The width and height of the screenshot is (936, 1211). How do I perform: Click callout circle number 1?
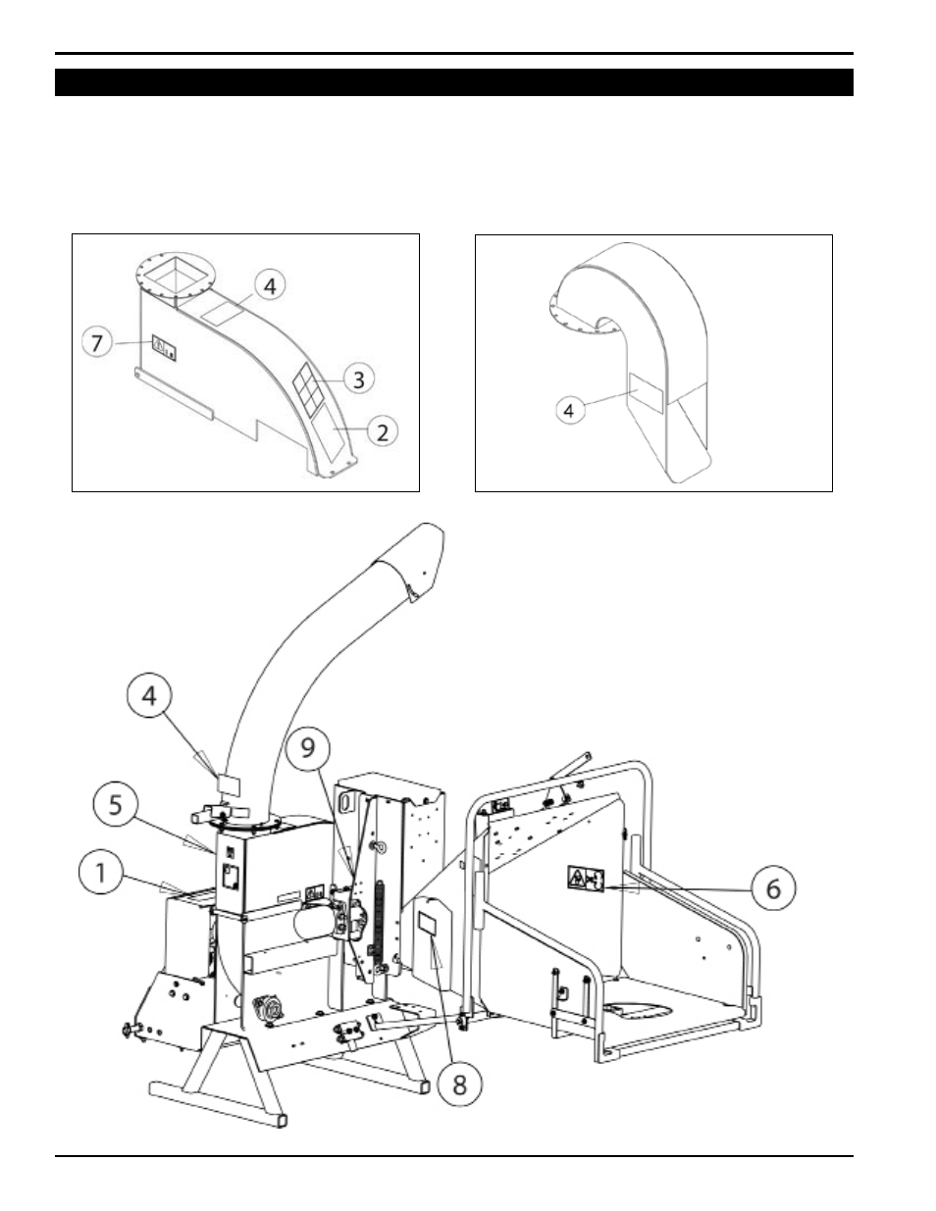pyautogui.click(x=100, y=873)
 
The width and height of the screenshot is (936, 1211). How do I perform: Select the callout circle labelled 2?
pyautogui.click(x=383, y=431)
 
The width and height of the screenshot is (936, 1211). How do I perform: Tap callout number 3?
pyautogui.click(x=359, y=378)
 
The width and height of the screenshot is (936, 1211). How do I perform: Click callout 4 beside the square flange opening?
pyautogui.click(x=270, y=285)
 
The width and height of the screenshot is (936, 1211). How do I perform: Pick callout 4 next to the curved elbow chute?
pyautogui.click(x=570, y=411)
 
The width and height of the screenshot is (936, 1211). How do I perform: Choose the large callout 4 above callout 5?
pyautogui.click(x=149, y=695)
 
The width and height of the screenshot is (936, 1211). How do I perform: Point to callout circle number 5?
pyautogui.click(x=116, y=805)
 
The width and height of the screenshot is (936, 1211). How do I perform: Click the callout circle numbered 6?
pyautogui.click(x=773, y=888)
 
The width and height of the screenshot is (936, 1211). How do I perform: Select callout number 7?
pyautogui.click(x=97, y=342)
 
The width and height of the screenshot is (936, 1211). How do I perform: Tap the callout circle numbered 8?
pyautogui.click(x=459, y=1085)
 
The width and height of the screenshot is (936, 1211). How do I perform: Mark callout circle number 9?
pyautogui.click(x=308, y=748)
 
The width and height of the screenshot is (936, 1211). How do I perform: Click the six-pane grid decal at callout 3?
pyautogui.click(x=308, y=385)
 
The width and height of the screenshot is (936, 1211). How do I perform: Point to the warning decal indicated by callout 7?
pyautogui.click(x=165, y=348)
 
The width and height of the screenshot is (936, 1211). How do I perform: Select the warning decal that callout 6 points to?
pyautogui.click(x=586, y=879)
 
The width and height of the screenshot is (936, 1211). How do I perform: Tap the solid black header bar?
pyautogui.click(x=454, y=82)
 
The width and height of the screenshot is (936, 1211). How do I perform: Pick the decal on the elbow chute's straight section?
pyautogui.click(x=646, y=393)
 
